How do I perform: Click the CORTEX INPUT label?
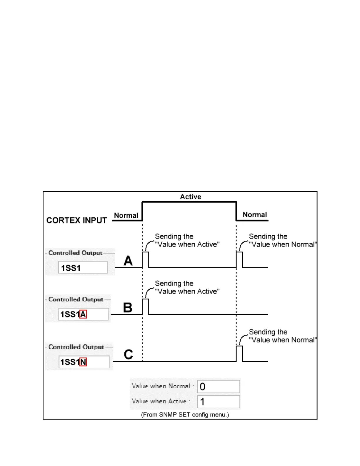76,220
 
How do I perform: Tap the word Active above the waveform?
191,197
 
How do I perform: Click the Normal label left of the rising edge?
126,215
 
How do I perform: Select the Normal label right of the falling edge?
255,215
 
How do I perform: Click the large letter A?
128,261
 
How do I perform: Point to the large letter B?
128,308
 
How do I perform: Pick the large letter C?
128,355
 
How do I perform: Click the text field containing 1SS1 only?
83,267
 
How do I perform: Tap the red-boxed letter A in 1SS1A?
83,314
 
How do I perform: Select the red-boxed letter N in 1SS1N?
83,362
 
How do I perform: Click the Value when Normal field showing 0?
219,387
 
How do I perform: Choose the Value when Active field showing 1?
219,402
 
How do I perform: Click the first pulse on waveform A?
146,259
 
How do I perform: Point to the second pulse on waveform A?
239,259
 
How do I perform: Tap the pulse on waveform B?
146,307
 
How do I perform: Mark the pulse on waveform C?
239,354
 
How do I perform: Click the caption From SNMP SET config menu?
185,415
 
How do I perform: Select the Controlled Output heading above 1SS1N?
76,347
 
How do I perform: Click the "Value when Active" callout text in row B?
187,291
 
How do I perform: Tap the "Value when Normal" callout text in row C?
282,340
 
